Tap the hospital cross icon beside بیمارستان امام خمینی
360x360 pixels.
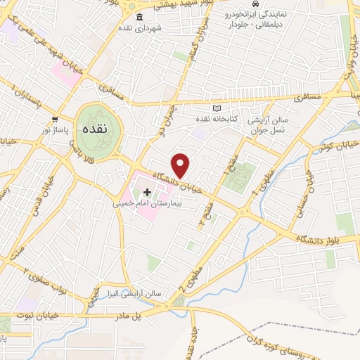pyautogui.click(x=147, y=192)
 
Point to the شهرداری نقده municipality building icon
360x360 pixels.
pyautogui.click(x=137, y=17)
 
